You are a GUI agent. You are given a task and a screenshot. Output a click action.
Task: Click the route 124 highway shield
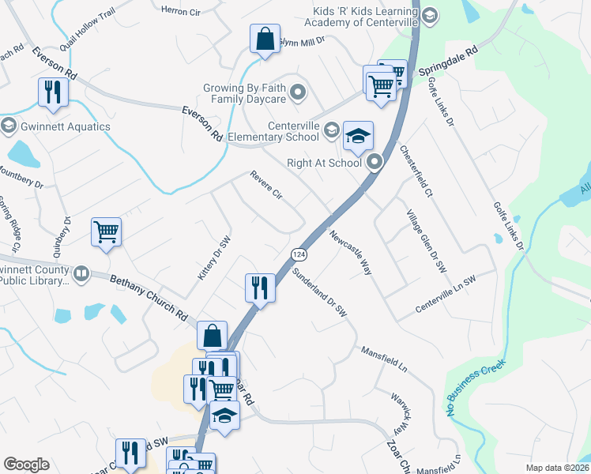298,254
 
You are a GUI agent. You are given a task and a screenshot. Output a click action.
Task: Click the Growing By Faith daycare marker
298,94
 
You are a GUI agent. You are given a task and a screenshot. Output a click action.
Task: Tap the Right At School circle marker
375,163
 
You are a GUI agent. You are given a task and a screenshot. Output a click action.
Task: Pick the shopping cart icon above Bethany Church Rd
106,231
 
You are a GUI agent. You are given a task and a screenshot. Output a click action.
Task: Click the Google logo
26,465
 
